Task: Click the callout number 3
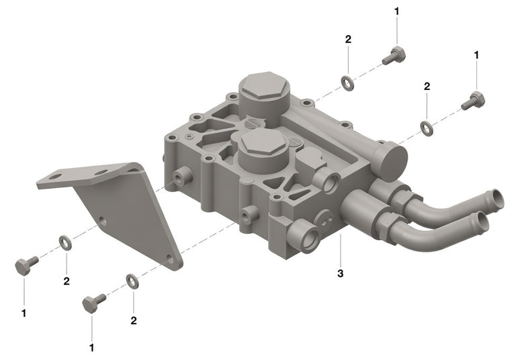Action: click(340, 273)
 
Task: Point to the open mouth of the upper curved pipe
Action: click(497, 198)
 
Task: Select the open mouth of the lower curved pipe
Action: click(482, 222)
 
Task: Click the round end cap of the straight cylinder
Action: click(394, 162)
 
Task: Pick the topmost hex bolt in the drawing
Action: click(394, 56)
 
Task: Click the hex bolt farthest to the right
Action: click(473, 101)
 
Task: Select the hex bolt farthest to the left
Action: click(26, 265)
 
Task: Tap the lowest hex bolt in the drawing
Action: click(93, 303)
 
